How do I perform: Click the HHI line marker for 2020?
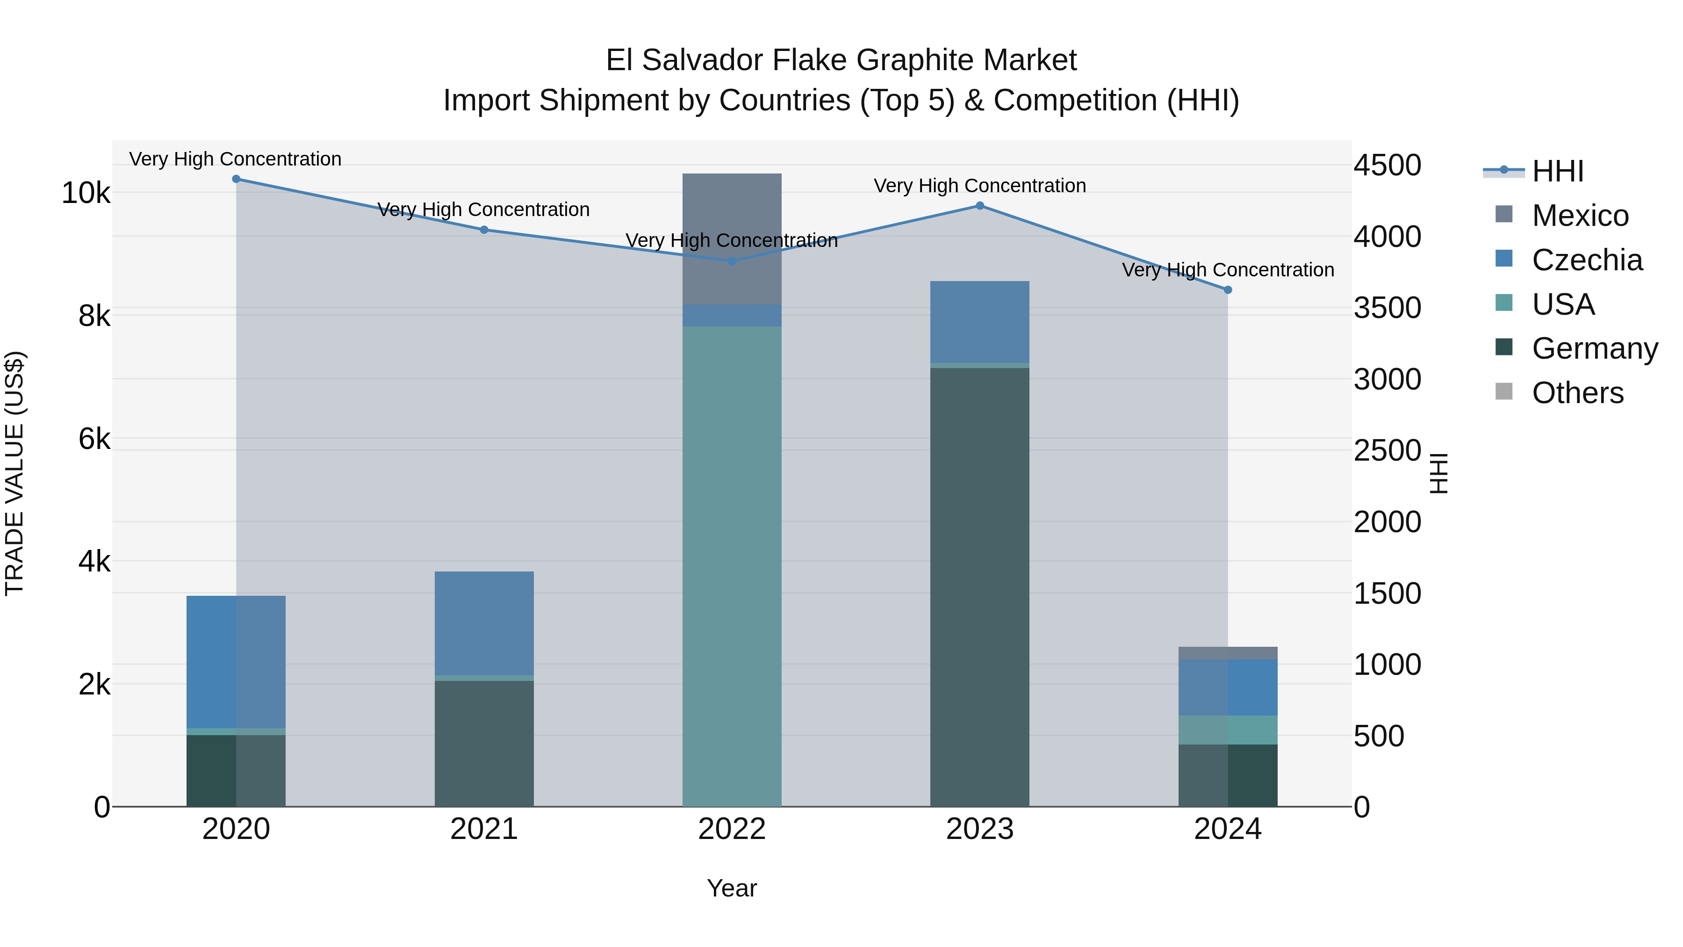pyautogui.click(x=236, y=179)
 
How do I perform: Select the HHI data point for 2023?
pyautogui.click(x=979, y=206)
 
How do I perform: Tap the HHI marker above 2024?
pyautogui.click(x=1227, y=289)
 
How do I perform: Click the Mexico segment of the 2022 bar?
pyautogui.click(x=732, y=239)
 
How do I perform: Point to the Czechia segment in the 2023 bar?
pyautogui.click(x=979, y=322)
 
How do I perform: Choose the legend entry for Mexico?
pyautogui.click(x=1579, y=216)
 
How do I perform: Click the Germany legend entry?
pyautogui.click(x=1594, y=348)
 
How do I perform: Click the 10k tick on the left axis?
pyautogui.click(x=86, y=194)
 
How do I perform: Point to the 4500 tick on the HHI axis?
pyautogui.click(x=1387, y=166)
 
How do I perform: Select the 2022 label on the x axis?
pyautogui.click(x=732, y=829)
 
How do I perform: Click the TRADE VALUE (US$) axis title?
pyautogui.click(x=14, y=473)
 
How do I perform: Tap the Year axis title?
pyautogui.click(x=732, y=888)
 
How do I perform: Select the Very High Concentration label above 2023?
pyautogui.click(x=979, y=186)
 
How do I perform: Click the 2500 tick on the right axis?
pyautogui.click(x=1387, y=451)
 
